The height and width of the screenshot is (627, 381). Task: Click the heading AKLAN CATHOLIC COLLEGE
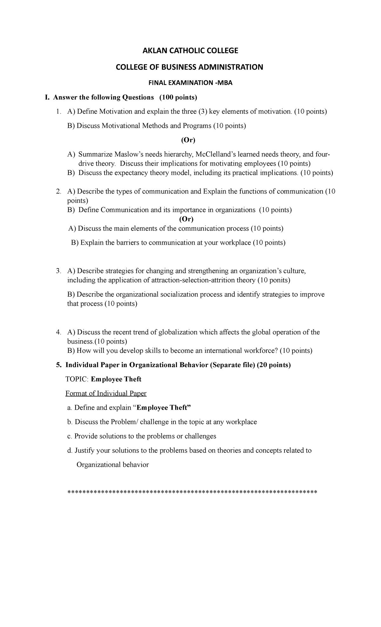(x=190, y=50)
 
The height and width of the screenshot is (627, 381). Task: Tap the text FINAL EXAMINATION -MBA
(x=190, y=83)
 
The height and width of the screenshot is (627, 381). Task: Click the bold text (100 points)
(x=178, y=97)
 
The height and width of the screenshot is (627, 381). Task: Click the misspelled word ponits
(x=278, y=280)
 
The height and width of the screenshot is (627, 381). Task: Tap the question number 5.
(x=58, y=365)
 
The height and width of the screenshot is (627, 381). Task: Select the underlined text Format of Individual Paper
(x=106, y=393)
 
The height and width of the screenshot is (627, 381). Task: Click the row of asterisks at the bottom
(x=193, y=492)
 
